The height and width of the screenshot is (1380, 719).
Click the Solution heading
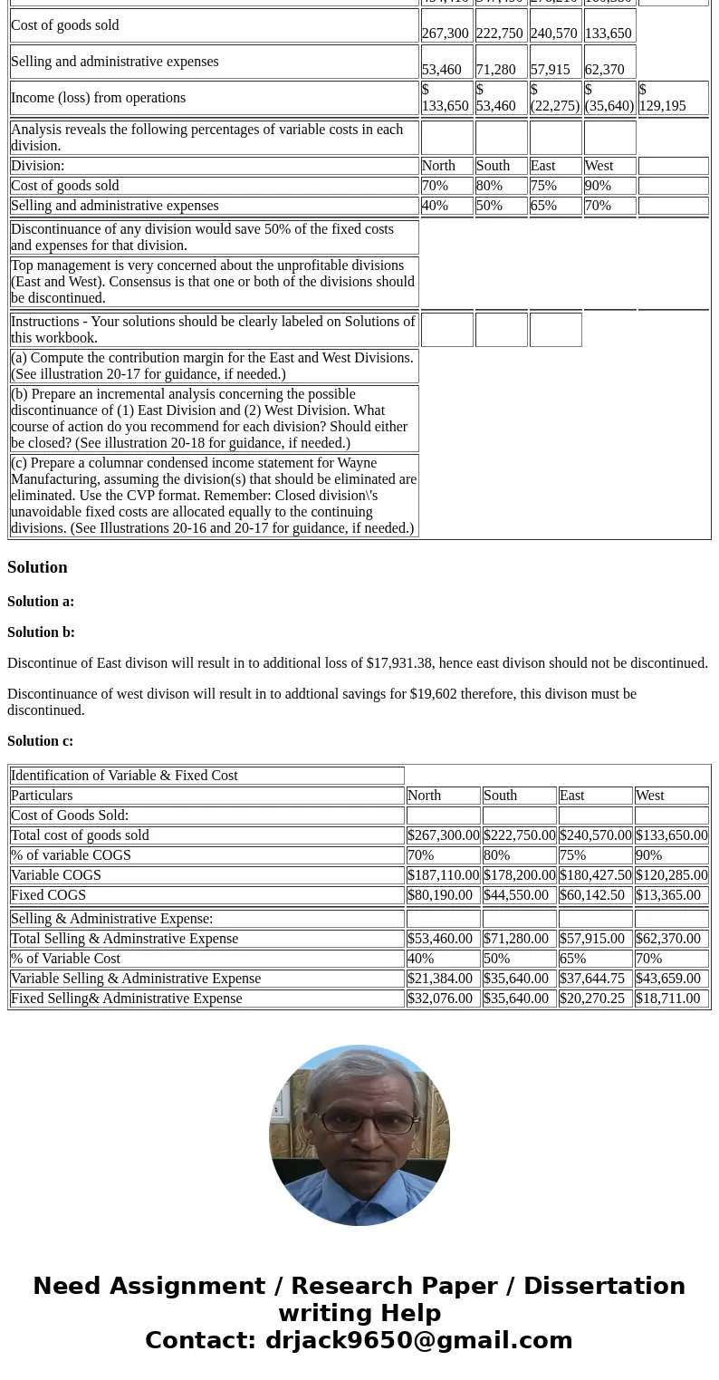[x=37, y=567]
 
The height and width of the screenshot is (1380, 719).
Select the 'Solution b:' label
[x=41, y=632]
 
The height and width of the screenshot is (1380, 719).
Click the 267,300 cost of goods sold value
[x=445, y=34]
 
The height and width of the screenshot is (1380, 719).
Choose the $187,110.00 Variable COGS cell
[x=443, y=875]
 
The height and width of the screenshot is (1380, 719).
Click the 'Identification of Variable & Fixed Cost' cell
[x=124, y=776]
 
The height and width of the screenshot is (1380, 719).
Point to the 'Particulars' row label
[x=42, y=796]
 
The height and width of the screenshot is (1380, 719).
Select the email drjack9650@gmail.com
[x=418, y=1341]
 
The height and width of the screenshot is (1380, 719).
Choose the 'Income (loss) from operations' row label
[x=98, y=98]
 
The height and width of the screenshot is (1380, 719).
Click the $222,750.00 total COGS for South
[x=519, y=835]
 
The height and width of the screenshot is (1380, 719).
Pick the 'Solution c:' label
[x=40, y=741]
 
